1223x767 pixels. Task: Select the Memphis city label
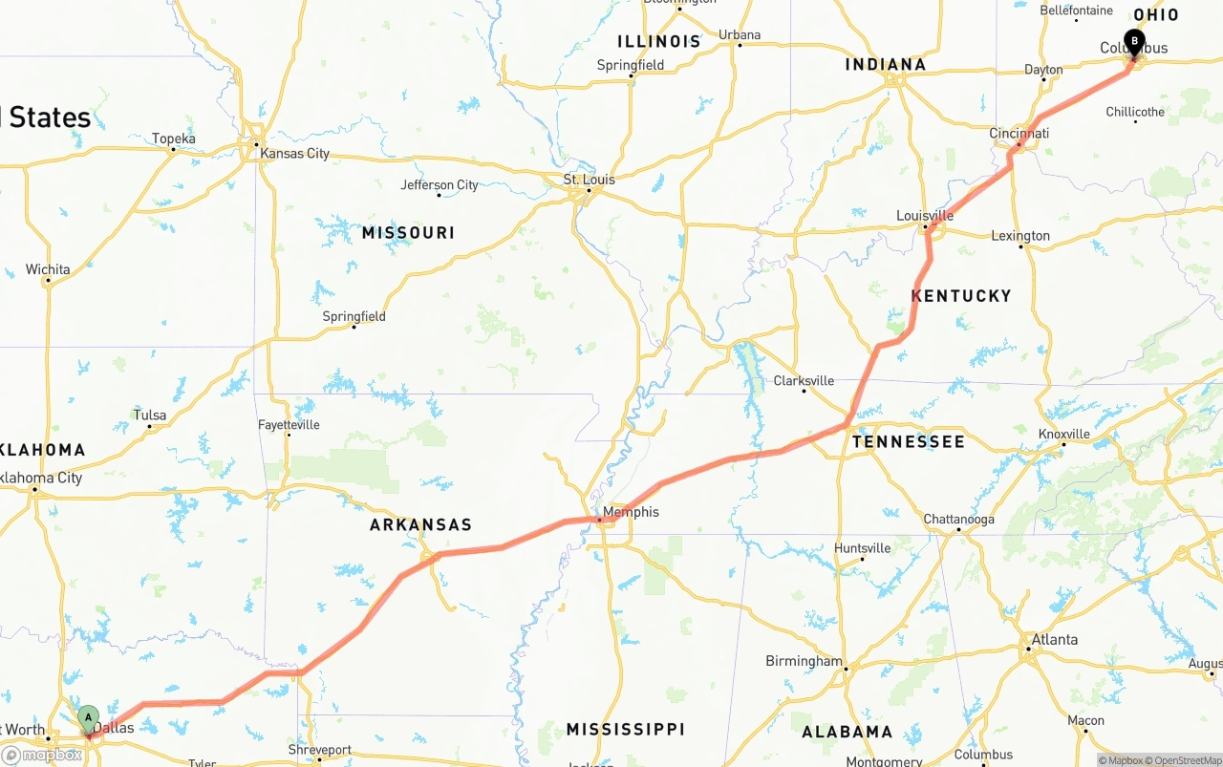(631, 512)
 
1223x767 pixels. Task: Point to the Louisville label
(925, 216)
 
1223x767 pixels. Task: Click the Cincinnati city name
(1019, 134)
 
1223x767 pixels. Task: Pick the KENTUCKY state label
(961, 296)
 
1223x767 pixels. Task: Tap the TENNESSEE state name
(909, 442)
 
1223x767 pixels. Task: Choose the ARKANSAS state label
(420, 525)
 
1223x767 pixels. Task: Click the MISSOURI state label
(408, 233)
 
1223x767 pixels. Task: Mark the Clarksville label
(804, 381)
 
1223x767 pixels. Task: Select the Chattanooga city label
(958, 520)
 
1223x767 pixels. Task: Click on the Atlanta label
(1055, 640)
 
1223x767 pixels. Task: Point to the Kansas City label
(294, 154)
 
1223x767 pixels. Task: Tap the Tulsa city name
(150, 415)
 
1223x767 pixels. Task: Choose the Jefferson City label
(440, 185)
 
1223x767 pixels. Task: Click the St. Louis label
(589, 180)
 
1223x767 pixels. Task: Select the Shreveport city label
(320, 751)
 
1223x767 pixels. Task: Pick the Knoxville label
(1063, 435)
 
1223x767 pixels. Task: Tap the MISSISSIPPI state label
(625, 730)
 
